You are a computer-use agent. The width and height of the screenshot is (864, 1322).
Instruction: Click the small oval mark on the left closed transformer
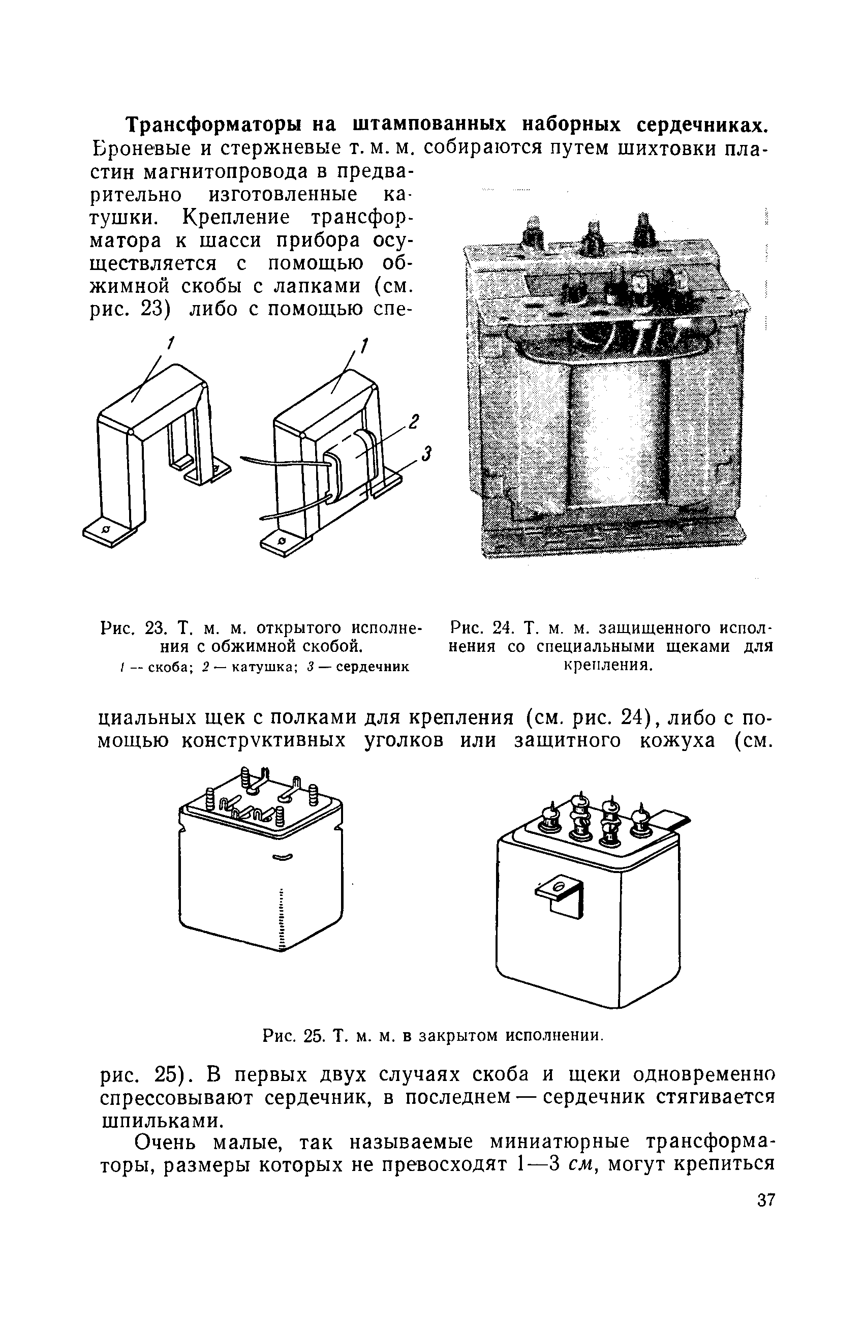pyautogui.click(x=281, y=857)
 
